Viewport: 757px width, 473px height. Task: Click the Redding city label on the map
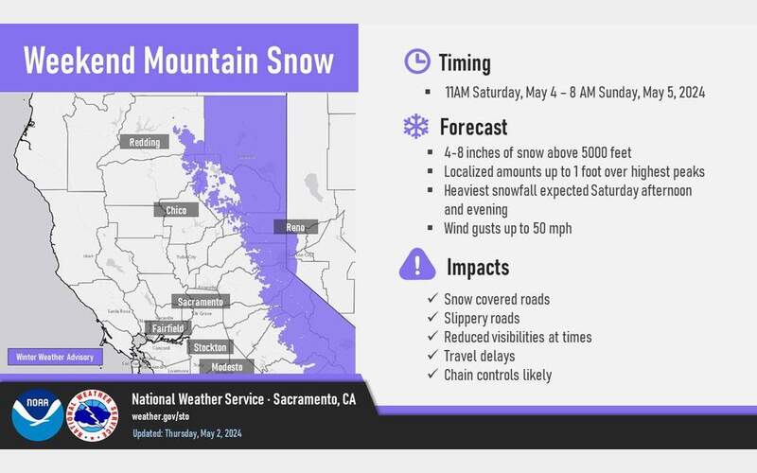(x=145, y=142)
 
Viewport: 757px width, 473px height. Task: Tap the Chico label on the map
(x=175, y=210)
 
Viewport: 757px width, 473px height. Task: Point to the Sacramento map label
(x=201, y=302)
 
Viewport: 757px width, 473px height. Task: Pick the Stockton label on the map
(x=209, y=347)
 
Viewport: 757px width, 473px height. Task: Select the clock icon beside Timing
(x=416, y=62)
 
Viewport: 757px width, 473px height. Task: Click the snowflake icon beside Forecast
(x=416, y=127)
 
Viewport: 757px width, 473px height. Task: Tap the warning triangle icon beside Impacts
(x=416, y=264)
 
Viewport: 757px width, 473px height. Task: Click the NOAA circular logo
(x=34, y=413)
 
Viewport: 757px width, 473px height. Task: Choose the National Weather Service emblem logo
(x=91, y=413)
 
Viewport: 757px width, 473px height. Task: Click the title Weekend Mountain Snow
(x=179, y=61)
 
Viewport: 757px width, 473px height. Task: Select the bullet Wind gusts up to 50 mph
(x=508, y=228)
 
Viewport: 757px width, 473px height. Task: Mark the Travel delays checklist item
(x=479, y=356)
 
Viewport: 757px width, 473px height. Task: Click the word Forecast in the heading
(x=473, y=127)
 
